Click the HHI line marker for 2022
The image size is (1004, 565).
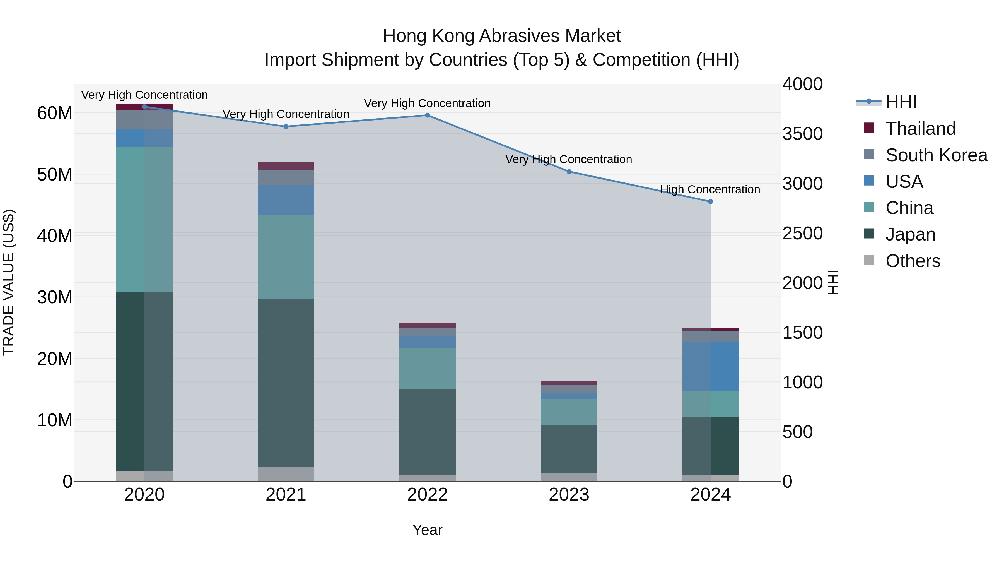click(x=427, y=115)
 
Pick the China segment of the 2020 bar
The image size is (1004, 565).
click(x=144, y=219)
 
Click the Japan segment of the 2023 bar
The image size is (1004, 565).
click(x=569, y=449)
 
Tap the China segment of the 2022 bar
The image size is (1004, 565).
click(x=427, y=368)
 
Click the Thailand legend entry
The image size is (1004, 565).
click(x=920, y=129)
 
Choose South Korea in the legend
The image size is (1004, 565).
click(x=936, y=155)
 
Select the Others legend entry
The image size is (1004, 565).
click(x=913, y=261)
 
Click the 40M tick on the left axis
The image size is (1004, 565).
click(x=55, y=236)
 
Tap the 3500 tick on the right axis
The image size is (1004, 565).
click(x=802, y=134)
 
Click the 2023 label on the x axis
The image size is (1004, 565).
click(x=569, y=495)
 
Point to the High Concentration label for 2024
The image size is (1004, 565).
click(x=710, y=189)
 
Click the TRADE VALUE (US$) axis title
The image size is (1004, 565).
click(x=9, y=282)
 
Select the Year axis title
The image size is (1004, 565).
click(x=427, y=530)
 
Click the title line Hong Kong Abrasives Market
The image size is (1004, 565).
click(x=502, y=36)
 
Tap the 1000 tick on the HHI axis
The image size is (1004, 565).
click(x=802, y=382)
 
